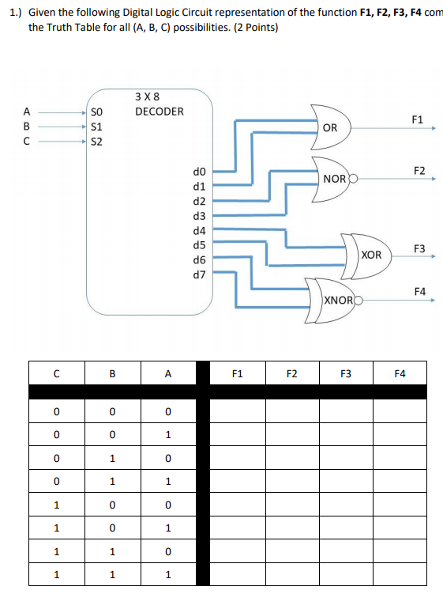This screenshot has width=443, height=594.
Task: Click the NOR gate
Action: pos(333,179)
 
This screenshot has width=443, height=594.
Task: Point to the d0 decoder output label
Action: pos(199,171)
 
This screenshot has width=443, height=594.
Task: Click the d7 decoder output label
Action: pos(199,274)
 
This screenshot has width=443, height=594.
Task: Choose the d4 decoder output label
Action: pos(199,230)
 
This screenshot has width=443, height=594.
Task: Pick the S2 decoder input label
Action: pos(96,142)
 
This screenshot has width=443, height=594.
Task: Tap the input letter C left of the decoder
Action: pos(28,142)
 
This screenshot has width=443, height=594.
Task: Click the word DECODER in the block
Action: pos(159,112)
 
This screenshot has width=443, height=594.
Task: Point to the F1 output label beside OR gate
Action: pos(418,119)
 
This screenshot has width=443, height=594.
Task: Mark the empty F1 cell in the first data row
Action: pos(238,411)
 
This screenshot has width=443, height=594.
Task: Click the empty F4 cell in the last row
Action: pos(400,574)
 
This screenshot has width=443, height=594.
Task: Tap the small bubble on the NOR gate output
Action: pos(353,179)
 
